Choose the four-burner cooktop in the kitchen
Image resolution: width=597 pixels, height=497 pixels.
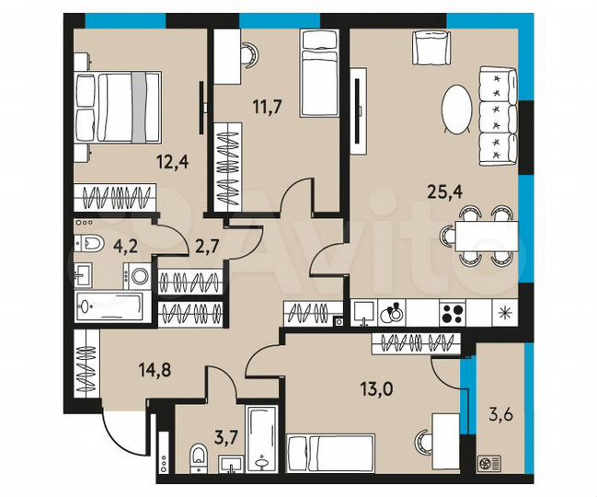[453, 311]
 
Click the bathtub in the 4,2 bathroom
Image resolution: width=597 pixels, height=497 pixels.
[111, 306]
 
